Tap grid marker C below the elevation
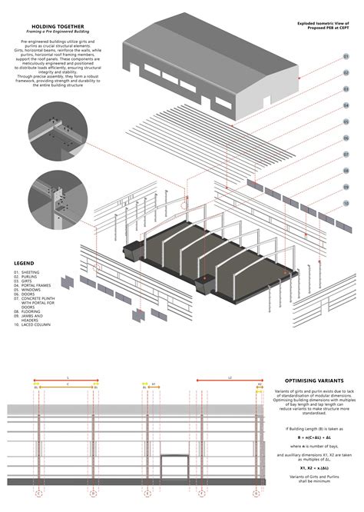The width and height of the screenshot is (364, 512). [x=94, y=493]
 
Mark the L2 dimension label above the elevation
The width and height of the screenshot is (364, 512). [x=228, y=377]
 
